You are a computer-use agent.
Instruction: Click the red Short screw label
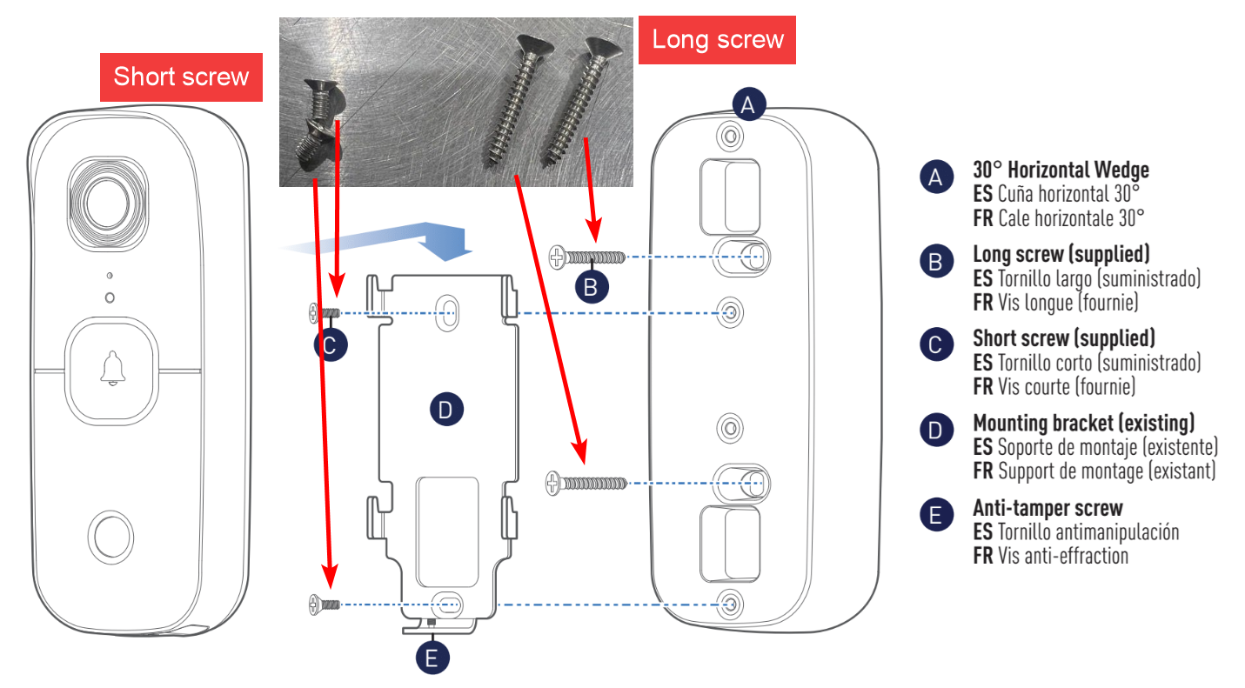point(181,77)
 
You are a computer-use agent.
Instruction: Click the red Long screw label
point(718,39)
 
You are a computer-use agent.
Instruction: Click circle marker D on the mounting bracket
point(446,410)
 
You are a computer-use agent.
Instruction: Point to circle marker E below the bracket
point(432,658)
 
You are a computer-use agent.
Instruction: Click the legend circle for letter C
point(935,346)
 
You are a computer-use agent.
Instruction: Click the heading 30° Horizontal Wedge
point(1061,170)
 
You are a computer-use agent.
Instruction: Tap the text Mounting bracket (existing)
point(1083,424)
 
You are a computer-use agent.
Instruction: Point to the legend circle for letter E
point(935,515)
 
